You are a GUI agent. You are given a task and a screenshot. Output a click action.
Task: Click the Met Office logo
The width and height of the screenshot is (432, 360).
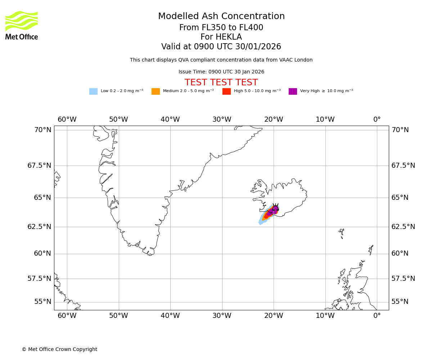pyautogui.click(x=22, y=25)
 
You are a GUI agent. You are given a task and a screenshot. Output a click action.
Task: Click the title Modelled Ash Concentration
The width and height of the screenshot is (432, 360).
pyautogui.click(x=221, y=17)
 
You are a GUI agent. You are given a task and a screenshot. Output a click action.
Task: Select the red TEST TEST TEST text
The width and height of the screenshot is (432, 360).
pyautogui.click(x=221, y=82)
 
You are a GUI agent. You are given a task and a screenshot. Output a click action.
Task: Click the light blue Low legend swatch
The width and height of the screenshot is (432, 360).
pyautogui.click(x=93, y=91)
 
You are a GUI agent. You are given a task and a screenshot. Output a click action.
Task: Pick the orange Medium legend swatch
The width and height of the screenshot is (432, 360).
pyautogui.click(x=156, y=91)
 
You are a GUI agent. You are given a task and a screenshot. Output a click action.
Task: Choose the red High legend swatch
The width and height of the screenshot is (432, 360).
pyautogui.click(x=226, y=91)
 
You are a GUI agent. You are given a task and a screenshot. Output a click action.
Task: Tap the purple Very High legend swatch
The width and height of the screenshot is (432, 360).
pyautogui.click(x=293, y=91)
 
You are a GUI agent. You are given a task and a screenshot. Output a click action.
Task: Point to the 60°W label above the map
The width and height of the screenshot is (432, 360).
pyautogui.click(x=67, y=120)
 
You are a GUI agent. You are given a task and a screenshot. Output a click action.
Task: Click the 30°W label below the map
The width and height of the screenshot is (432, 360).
pyautogui.click(x=222, y=316)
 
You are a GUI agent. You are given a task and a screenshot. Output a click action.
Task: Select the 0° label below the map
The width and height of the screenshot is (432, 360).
pyautogui.click(x=377, y=316)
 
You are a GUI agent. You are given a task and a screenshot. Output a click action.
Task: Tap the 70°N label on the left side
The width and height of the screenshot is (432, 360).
pyautogui.click(x=43, y=130)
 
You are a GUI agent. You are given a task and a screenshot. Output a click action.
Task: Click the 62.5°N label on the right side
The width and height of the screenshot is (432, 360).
pyautogui.click(x=403, y=226)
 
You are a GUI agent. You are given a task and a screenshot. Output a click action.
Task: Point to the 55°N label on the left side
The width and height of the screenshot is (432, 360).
pyautogui.click(x=43, y=302)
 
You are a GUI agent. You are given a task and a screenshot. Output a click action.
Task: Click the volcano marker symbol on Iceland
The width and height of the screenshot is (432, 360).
pyautogui.click(x=275, y=208)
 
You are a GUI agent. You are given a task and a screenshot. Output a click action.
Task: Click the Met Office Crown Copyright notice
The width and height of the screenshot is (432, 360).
pyautogui.click(x=59, y=349)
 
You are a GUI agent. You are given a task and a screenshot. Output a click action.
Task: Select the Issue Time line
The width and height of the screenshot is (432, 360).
pyautogui.click(x=221, y=72)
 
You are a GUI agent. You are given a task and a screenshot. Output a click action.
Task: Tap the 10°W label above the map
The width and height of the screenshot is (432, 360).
pyautogui.click(x=325, y=120)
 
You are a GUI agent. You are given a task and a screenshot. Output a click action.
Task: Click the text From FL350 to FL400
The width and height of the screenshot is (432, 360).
pyautogui.click(x=221, y=28)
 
